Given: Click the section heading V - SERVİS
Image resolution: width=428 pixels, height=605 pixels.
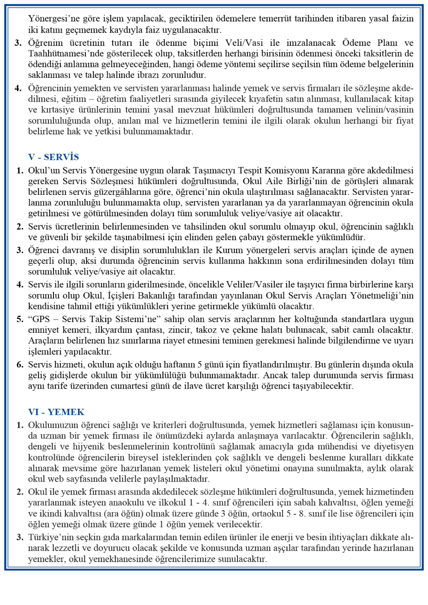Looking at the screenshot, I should (53, 157).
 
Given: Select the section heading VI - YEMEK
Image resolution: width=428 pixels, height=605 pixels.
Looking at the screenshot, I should (56, 412).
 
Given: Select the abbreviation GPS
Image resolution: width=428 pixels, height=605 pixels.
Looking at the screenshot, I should (41, 319).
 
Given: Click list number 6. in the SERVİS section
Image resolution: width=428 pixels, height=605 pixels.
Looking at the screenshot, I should (20, 364).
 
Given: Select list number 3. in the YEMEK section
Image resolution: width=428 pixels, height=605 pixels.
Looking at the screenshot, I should (20, 537).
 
